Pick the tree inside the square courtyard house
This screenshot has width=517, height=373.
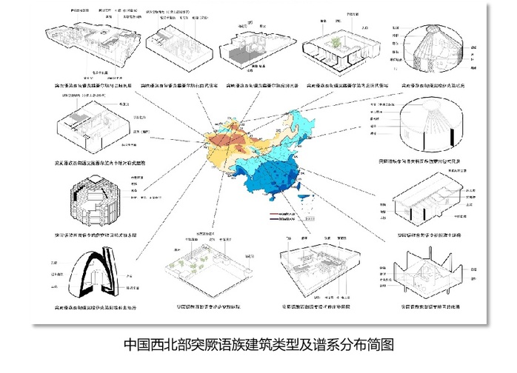[338, 41]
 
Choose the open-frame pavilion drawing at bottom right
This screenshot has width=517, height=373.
[430, 274]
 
